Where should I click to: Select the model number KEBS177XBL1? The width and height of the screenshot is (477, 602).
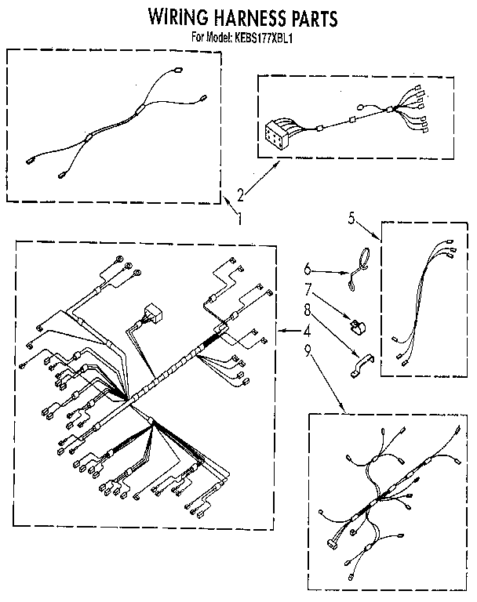point(262,38)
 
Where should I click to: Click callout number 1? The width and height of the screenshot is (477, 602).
point(239,219)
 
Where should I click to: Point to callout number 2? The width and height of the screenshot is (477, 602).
point(240,195)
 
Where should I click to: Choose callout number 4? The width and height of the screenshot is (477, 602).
point(306,331)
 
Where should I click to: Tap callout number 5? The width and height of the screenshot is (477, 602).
point(351,218)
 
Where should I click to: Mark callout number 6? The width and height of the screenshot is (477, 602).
point(307,269)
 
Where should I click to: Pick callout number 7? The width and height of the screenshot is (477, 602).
point(308,289)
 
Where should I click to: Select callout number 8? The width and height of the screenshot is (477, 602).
point(307,309)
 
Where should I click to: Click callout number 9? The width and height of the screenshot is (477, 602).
point(307,350)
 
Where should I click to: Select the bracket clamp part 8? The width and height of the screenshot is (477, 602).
point(362,365)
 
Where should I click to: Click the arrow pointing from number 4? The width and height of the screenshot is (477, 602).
point(289,331)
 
